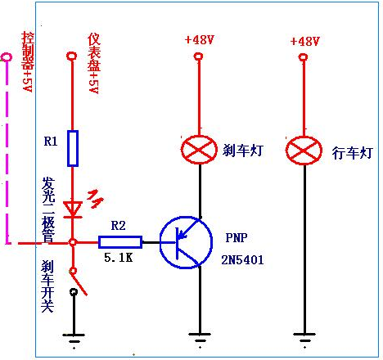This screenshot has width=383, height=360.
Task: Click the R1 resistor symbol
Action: pos(73,148)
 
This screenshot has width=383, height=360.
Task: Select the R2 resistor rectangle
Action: pos(120,242)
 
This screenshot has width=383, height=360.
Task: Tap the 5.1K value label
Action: pos(119,257)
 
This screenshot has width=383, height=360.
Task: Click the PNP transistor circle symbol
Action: pos(186,242)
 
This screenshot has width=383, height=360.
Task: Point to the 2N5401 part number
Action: pos(242,259)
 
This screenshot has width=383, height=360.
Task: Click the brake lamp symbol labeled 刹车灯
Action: pos(199,150)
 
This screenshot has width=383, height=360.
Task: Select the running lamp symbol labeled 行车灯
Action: pos(304,151)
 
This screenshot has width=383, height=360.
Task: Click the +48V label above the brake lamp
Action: pos(199,40)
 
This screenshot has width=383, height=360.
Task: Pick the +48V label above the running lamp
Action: pos(304,41)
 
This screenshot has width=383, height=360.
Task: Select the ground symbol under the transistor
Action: pos(200,338)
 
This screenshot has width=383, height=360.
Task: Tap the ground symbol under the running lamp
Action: pos(304,338)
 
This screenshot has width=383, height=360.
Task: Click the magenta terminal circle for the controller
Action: pos(7,57)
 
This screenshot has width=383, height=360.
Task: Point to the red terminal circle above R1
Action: pos(72,56)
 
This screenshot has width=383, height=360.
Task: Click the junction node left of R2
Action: pos(73,242)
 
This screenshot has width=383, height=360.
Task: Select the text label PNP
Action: pos(237,238)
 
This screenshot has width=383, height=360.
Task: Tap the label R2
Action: pos(119,226)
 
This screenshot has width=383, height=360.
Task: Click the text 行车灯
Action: pos(352,153)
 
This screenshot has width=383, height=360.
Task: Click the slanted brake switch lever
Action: pos(79,283)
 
